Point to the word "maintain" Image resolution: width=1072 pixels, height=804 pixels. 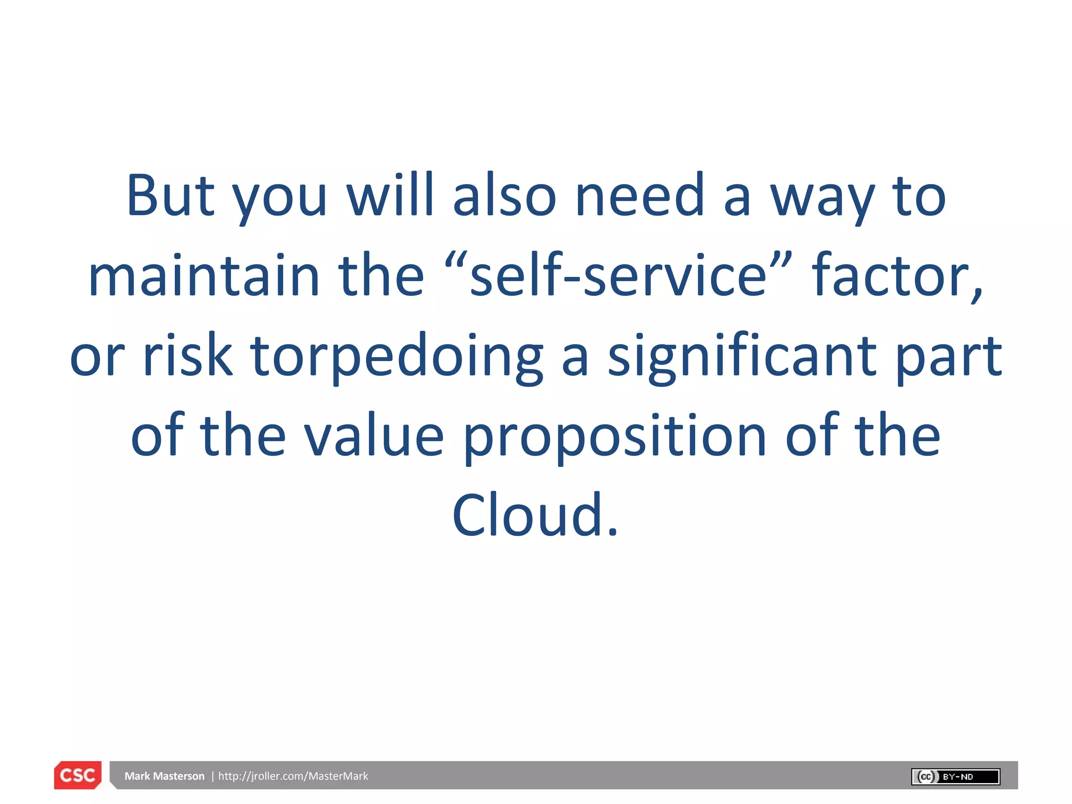(x=204, y=275)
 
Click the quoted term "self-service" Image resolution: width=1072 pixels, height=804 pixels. (x=618, y=275)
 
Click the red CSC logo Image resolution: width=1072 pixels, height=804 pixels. (x=78, y=775)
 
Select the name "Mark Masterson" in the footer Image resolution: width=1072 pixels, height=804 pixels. (x=164, y=776)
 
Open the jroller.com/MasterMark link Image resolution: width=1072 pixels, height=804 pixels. (x=293, y=776)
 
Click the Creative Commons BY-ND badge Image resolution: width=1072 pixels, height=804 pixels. (x=955, y=776)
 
